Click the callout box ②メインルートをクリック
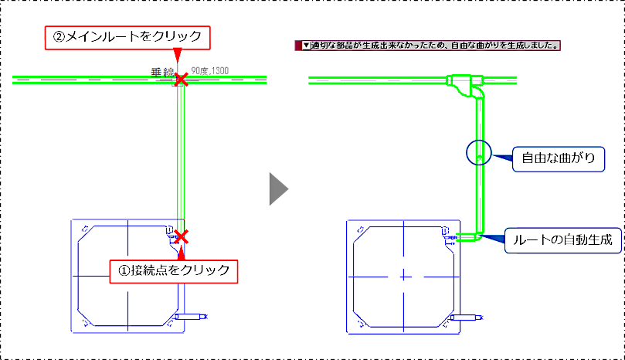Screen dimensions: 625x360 tap(127, 38)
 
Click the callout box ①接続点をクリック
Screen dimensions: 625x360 tap(174, 271)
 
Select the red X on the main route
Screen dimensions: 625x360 tap(182, 80)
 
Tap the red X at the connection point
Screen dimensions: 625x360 tap(182, 236)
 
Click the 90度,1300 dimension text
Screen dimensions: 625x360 tap(209, 71)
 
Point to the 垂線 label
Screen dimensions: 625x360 tap(163, 73)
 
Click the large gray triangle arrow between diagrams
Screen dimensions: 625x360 tap(279, 189)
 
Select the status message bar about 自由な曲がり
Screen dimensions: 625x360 tap(428, 46)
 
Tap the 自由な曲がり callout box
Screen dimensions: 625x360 tap(559, 159)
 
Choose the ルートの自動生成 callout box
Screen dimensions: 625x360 tap(563, 240)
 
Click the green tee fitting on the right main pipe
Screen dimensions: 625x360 tap(465, 83)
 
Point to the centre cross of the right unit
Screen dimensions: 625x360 tap(404, 277)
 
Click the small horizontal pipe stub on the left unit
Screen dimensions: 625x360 tap(191, 317)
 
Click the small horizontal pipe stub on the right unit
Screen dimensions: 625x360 tap(467, 318)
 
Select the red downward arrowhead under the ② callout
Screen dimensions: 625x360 tap(178, 55)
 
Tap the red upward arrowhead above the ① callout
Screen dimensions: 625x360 tap(182, 253)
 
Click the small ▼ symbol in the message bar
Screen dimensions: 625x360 tap(306, 46)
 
